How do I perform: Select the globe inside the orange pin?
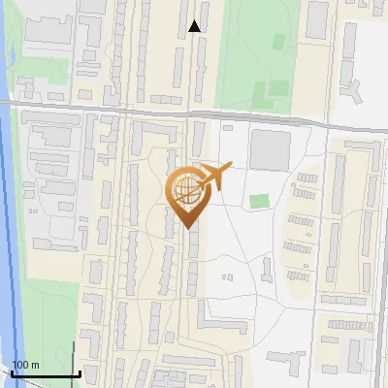(184, 187)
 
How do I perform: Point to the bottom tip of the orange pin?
(186, 228)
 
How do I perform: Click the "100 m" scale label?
(25, 365)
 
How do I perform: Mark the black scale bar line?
(44, 373)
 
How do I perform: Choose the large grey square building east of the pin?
(271, 150)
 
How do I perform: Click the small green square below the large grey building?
(258, 202)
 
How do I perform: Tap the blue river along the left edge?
(7, 242)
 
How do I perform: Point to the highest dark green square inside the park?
(278, 41)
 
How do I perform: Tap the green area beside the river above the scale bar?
(48, 310)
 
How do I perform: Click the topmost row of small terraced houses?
(307, 178)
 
